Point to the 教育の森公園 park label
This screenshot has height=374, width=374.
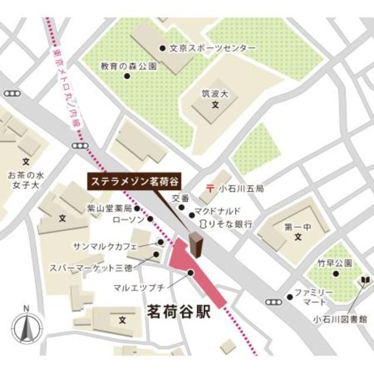tap(129, 66)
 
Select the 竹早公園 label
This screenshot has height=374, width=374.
tap(335, 262)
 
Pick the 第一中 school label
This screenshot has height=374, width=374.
tap(297, 227)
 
